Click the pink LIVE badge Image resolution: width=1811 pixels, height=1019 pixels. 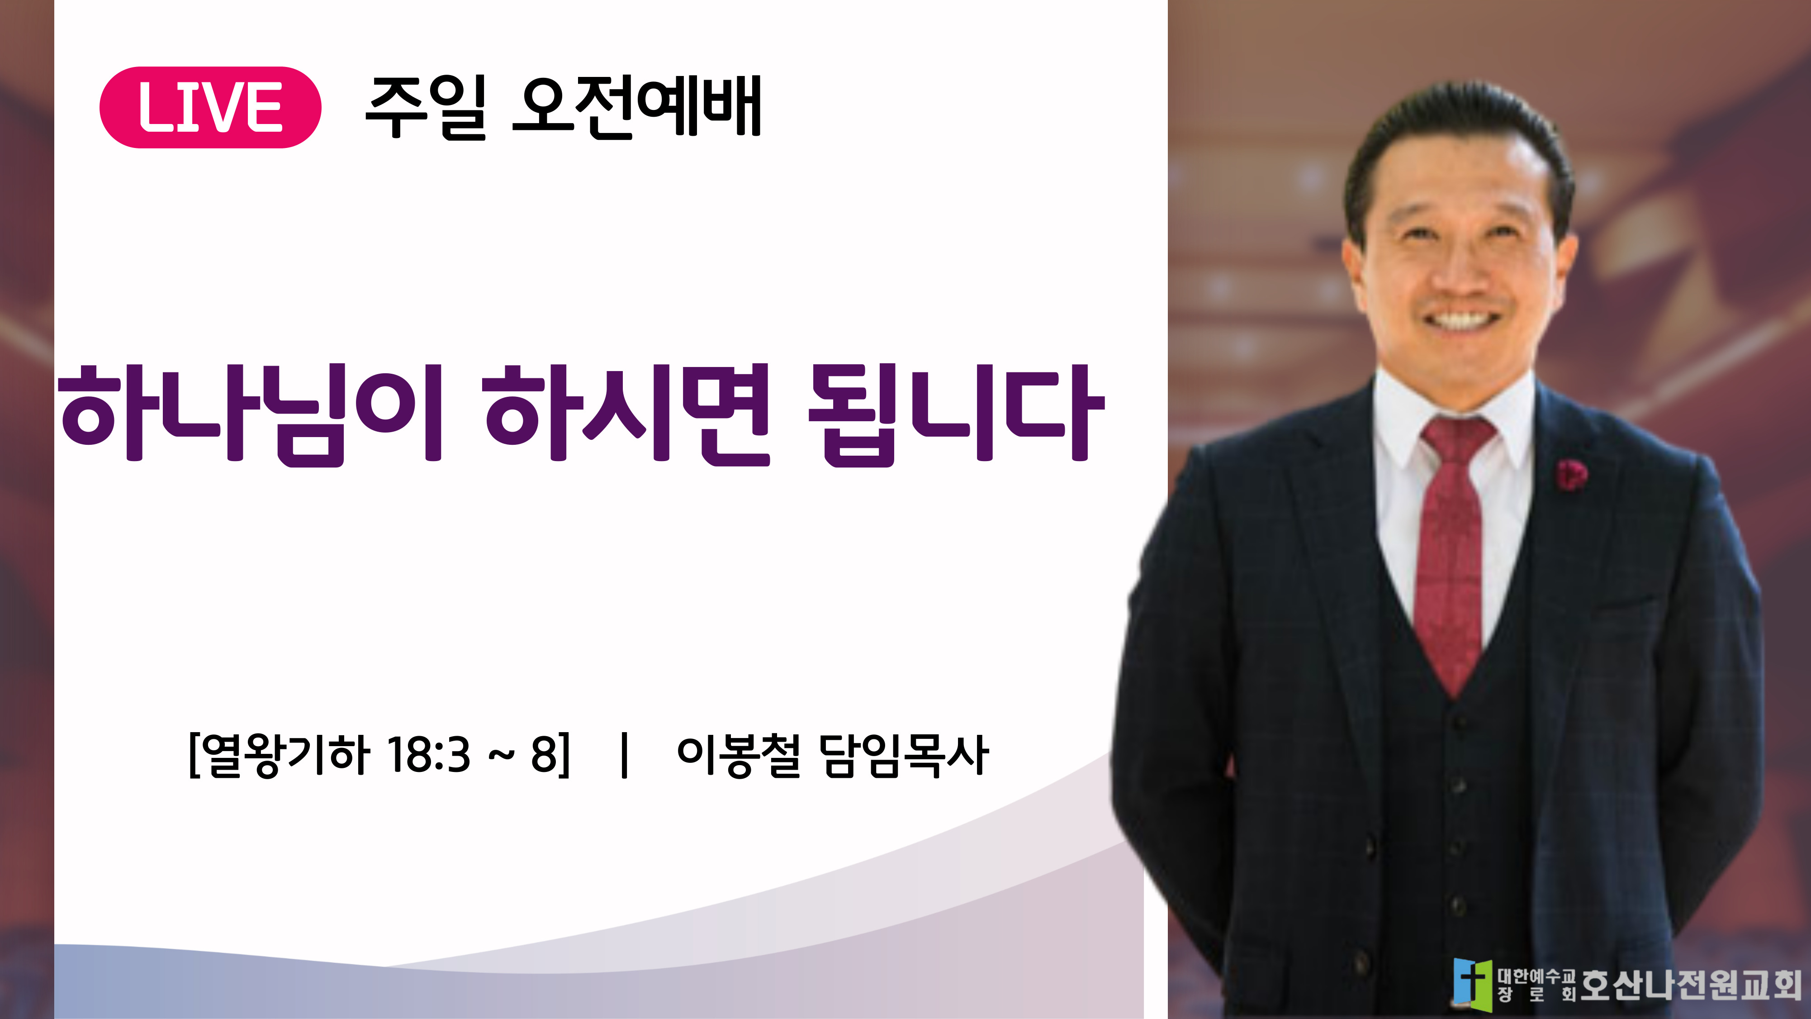[210, 108]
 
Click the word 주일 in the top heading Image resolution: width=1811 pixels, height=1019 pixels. [426, 108]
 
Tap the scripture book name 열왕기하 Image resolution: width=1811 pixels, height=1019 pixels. [285, 755]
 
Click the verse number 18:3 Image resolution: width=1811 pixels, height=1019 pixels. [428, 755]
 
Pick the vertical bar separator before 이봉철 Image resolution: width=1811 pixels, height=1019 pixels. [624, 755]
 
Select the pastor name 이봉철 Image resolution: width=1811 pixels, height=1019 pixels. [739, 755]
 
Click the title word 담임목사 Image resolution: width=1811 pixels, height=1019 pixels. [905, 755]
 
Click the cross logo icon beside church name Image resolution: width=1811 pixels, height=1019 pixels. [1472, 985]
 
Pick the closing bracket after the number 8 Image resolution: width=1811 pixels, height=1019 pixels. [564, 755]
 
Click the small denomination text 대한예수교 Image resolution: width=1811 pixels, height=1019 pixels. [1536, 976]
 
